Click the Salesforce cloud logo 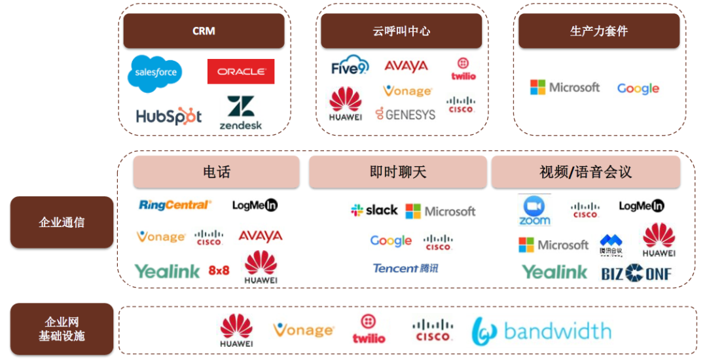[154, 73]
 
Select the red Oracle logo [241, 71]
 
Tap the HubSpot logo [169, 117]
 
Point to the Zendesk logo [241, 113]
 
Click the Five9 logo [350, 66]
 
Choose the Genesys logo [405, 115]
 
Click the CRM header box [204, 31]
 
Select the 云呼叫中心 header [401, 31]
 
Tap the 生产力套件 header [599, 31]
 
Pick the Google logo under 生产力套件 [638, 88]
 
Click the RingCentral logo [175, 205]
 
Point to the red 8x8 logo [219, 270]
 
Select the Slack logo [374, 210]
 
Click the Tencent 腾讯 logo [405, 268]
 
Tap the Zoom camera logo [535, 210]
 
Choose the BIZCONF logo [636, 273]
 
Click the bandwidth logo [541, 331]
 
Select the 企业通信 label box [62, 222]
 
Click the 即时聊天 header [398, 172]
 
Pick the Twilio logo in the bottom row [369, 329]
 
